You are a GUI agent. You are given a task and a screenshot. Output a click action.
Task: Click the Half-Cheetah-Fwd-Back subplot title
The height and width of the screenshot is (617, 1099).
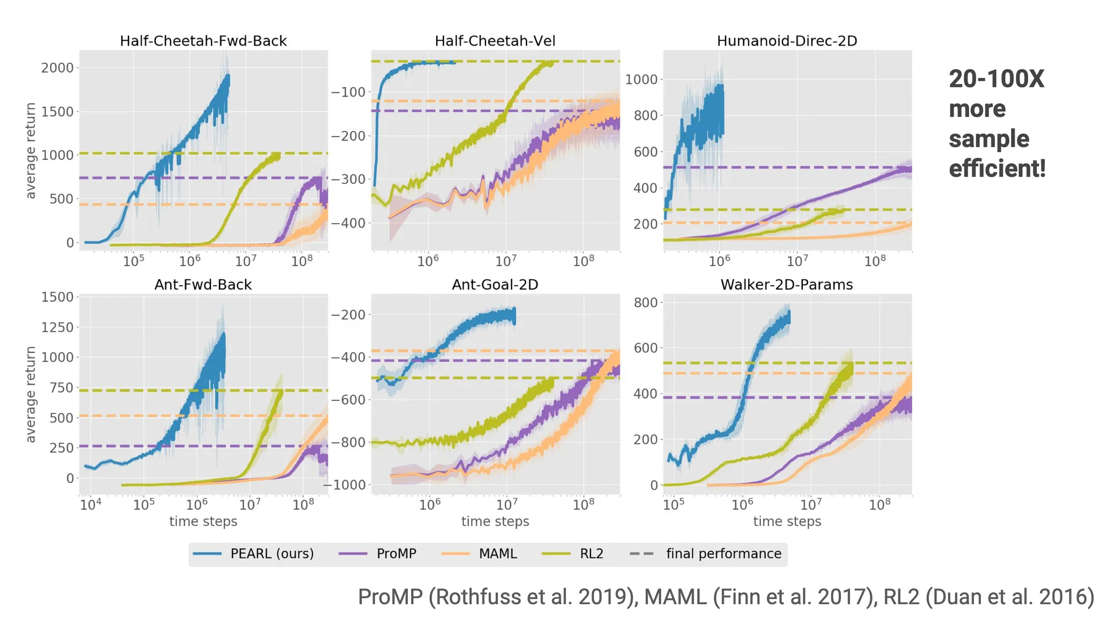203,41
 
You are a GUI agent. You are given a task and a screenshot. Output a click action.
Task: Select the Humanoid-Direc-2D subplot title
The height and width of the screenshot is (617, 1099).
787,41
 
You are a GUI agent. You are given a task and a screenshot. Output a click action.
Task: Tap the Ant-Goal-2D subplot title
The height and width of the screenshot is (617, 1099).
495,285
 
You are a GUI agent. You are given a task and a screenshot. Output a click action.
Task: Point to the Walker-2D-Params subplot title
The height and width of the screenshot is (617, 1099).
787,285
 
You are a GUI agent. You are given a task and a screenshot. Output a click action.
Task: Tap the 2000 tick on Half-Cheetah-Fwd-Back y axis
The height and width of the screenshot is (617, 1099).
57,68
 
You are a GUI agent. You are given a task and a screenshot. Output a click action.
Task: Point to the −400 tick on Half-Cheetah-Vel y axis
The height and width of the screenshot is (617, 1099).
348,223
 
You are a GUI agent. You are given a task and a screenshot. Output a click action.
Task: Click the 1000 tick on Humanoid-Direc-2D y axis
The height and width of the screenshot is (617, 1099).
641,80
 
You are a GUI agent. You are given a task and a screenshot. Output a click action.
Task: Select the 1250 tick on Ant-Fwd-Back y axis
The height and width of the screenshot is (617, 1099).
57,327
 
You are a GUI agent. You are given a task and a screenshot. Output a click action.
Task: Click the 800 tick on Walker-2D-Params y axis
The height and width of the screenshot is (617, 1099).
646,303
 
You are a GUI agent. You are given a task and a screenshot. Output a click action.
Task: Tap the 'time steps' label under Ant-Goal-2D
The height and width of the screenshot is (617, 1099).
495,521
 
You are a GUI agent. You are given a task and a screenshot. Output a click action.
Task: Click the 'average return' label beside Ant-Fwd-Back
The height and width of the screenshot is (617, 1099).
31,394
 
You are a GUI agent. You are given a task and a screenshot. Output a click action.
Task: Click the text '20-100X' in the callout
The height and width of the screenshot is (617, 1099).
997,79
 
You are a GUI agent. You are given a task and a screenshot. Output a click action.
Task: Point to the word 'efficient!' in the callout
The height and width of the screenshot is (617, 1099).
997,168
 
